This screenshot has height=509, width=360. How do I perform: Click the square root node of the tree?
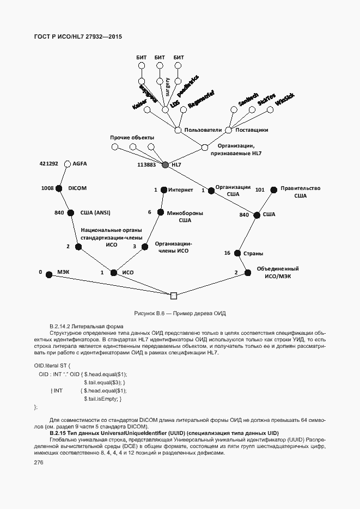point(174,296)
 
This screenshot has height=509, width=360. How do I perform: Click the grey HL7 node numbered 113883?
point(166,164)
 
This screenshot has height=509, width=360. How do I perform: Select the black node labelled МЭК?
point(48,275)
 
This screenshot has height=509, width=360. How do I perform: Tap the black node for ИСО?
point(114,272)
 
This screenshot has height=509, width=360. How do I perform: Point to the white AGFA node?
point(68,163)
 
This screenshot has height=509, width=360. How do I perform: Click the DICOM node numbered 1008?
point(60,188)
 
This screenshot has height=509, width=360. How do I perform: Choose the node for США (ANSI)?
point(71,213)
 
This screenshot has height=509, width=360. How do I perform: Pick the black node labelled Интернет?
point(163,189)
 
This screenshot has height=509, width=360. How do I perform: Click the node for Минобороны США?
point(161,213)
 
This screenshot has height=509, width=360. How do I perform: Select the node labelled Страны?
point(237,253)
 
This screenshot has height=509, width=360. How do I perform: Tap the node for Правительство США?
point(273,189)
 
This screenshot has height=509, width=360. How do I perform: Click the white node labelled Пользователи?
point(178,130)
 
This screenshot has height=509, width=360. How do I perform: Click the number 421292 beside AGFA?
point(48,163)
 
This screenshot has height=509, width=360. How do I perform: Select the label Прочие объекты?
point(132,137)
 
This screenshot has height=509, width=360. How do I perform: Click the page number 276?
point(39,462)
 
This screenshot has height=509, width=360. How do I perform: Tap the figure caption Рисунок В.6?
point(180,314)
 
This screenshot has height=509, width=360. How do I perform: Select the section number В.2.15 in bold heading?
point(60,433)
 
